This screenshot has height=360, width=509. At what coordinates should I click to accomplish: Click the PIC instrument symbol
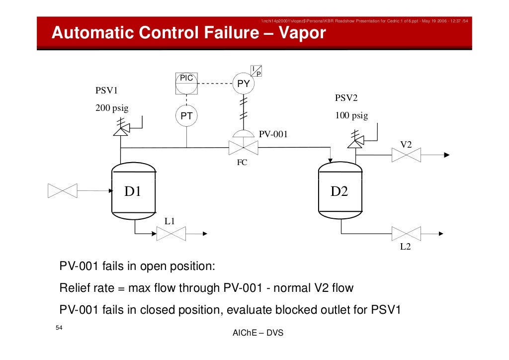pos(186,83)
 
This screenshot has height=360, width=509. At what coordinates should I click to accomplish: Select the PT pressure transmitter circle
pos(186,116)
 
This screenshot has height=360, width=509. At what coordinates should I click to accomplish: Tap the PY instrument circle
pos(243,84)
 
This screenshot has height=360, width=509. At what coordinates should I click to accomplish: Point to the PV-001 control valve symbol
pos(243,147)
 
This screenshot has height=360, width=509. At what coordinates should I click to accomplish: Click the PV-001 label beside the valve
pos(273,134)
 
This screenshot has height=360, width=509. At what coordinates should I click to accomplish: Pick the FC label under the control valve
pos(242,163)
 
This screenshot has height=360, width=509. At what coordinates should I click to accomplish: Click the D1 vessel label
pos(133,191)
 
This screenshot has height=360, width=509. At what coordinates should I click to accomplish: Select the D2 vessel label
pos(339,191)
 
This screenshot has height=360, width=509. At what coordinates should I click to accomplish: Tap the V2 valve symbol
pos(406,155)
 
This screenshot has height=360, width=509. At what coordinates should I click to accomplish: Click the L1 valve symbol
pos(171,234)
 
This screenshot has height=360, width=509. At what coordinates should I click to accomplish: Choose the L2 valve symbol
pos(406,234)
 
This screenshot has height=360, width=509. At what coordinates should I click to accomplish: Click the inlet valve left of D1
pos(63,190)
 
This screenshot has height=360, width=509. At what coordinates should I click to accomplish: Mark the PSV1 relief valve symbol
pos(120,129)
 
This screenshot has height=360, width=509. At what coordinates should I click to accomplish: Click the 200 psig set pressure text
pos(112,109)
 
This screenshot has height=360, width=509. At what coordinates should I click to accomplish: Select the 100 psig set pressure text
pos(351,116)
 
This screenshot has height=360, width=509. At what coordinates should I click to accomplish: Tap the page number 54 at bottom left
pos(59,328)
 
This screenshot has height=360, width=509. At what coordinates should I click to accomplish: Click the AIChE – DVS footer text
pos(257,333)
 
